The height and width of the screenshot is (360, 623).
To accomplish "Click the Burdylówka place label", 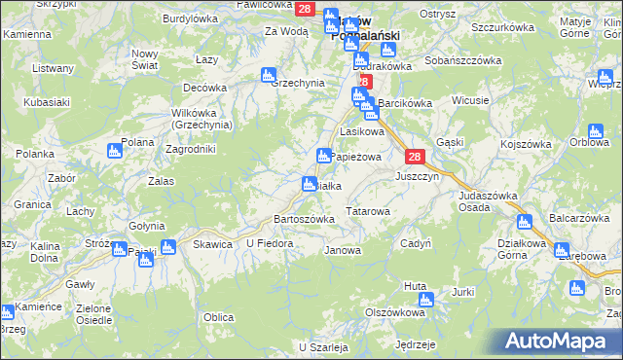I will (190, 18).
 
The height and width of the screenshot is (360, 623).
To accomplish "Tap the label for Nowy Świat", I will (144, 58).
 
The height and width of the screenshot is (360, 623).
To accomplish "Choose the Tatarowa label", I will (368, 210).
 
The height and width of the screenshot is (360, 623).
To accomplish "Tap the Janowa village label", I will (341, 250).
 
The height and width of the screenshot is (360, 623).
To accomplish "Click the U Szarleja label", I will (323, 346).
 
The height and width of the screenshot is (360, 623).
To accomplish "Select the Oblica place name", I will (218, 317).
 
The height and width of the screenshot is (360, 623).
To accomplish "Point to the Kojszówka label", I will (528, 144).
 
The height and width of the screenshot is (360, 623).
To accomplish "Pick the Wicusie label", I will (469, 101).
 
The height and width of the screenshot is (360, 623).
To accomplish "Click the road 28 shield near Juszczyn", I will (414, 157).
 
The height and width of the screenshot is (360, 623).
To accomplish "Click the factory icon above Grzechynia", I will (269, 74).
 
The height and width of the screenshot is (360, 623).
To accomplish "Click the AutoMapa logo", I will (558, 342).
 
